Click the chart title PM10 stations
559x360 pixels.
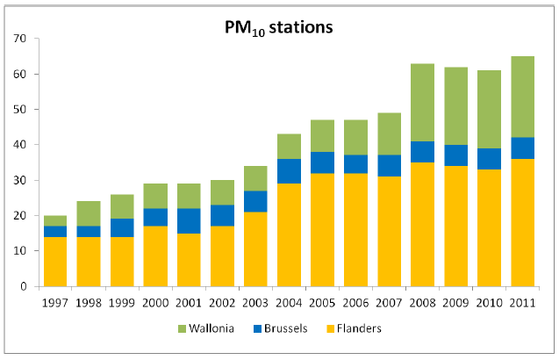278,27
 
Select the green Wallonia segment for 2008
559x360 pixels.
421,103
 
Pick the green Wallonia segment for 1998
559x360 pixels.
88,213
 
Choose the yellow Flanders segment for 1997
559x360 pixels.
54,261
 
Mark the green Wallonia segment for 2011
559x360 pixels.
522,97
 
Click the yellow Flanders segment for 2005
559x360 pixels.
321,229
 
